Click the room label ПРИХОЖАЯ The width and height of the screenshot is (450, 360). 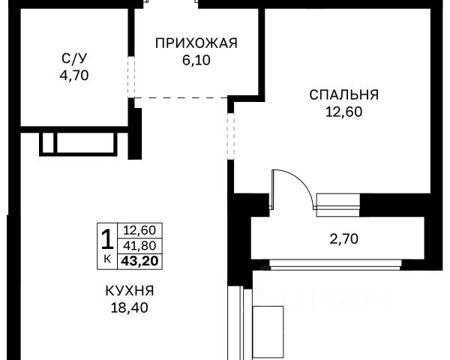(x=196, y=43)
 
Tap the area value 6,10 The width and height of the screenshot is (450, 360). (x=196, y=60)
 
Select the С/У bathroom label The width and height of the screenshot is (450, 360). (x=74, y=58)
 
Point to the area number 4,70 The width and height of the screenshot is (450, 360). (x=74, y=76)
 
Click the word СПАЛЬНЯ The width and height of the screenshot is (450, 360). (x=343, y=94)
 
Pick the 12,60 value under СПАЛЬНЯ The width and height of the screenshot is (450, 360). (x=343, y=112)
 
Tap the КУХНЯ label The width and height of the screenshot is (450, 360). (x=130, y=291)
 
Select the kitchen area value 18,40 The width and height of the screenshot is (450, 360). (x=130, y=307)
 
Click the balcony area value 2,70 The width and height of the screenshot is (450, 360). (x=343, y=238)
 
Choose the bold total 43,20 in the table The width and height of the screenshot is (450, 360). (x=139, y=261)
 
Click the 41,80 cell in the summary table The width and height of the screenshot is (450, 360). (x=139, y=246)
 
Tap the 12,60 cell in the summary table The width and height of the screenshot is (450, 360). (x=139, y=230)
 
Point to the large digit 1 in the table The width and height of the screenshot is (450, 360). (x=107, y=239)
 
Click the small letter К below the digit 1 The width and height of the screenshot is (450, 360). (x=107, y=259)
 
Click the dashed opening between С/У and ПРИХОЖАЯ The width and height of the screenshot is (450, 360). (x=131, y=76)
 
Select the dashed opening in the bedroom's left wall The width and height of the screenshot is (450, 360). (x=231, y=136)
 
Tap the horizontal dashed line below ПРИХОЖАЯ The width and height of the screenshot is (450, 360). (x=181, y=98)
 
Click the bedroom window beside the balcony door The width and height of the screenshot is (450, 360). (x=337, y=205)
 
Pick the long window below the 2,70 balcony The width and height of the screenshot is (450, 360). (x=335, y=265)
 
